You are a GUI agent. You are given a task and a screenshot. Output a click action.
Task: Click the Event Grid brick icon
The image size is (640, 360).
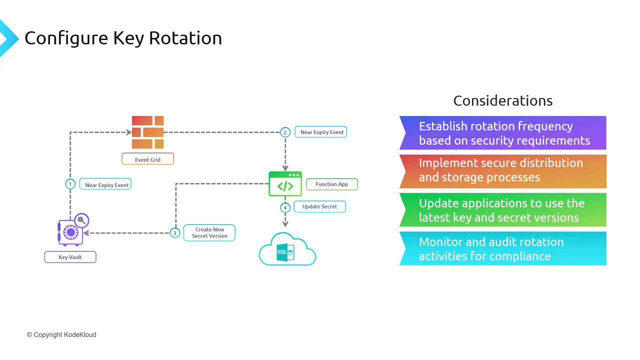[147, 132]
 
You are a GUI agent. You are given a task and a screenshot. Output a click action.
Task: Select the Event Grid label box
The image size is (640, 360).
[147, 159]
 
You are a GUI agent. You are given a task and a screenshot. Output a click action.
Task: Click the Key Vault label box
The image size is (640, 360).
[70, 257]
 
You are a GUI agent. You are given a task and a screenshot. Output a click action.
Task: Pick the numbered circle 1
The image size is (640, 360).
[70, 184]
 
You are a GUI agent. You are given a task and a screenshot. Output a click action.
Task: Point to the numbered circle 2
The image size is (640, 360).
[285, 132]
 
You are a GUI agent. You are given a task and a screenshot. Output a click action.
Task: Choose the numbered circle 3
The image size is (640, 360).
[175, 233]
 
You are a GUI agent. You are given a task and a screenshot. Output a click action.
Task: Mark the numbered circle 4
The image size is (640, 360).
[285, 207]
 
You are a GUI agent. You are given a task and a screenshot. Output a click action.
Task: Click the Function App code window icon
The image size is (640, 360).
[285, 183]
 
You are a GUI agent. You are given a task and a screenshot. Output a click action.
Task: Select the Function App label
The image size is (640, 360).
[331, 184]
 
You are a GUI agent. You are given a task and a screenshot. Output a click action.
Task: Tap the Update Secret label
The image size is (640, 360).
[319, 206]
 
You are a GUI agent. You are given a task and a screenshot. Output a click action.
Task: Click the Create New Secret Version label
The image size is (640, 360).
[209, 232]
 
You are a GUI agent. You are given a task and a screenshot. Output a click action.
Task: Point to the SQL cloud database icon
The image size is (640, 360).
[287, 249]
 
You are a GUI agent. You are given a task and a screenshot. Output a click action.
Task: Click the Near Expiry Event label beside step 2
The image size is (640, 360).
[321, 132]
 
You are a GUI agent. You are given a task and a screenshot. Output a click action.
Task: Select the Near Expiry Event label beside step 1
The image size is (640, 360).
[105, 184]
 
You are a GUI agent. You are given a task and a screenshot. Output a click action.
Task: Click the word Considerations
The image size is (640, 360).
[503, 100]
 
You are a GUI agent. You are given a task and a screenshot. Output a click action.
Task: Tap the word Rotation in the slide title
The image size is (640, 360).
[185, 38]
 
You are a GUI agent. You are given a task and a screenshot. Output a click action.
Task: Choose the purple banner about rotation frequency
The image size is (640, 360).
[503, 133]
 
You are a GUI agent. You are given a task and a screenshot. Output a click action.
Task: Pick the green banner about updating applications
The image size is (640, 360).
[503, 210]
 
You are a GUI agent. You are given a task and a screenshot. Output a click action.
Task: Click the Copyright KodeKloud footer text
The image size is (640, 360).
[61, 334]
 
